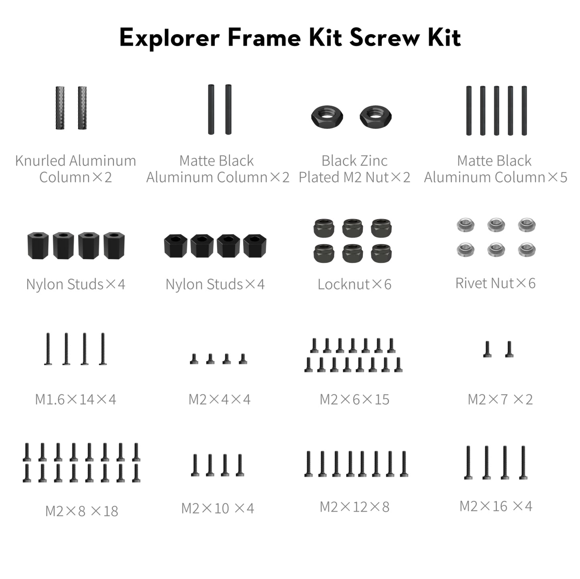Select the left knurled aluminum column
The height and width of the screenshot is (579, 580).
[x=60, y=107]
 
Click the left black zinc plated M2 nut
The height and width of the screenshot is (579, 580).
[x=327, y=117]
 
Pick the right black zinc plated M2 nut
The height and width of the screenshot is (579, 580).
[x=375, y=117]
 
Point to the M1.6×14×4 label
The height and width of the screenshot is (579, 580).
[x=75, y=399]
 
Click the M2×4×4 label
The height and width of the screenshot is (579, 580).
[x=219, y=399]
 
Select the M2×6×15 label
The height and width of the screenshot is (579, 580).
[x=354, y=399]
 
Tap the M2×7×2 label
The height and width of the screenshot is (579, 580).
[x=500, y=399]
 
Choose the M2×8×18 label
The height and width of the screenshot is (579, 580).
[x=81, y=511]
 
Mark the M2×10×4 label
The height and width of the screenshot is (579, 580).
[x=218, y=508]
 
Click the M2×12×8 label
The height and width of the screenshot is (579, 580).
[x=354, y=507]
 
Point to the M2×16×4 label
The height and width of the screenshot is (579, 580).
[x=496, y=506]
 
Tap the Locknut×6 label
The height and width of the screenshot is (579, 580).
[x=354, y=284]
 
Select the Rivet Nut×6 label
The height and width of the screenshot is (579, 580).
[x=495, y=283]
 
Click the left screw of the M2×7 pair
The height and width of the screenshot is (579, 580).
[x=487, y=349]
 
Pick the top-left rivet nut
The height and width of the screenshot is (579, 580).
[x=466, y=225]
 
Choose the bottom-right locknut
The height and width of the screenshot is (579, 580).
[x=381, y=253]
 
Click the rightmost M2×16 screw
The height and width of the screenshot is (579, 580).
[x=523, y=463]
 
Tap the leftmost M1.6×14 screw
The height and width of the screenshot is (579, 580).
[x=48, y=349]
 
